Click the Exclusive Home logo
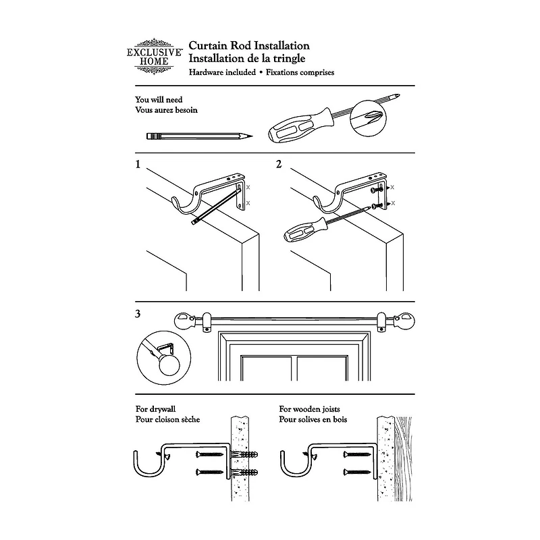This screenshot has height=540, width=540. click(155, 57)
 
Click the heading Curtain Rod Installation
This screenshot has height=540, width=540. click(249, 45)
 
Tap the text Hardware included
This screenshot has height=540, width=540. click(222, 72)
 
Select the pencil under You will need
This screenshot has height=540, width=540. click(199, 136)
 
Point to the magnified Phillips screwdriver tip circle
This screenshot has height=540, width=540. click(367, 118)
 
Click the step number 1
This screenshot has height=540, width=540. click(138, 164)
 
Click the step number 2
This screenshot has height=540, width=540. click(279, 164)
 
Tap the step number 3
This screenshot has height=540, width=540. click(138, 314)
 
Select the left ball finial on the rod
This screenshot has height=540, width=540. click(184, 321)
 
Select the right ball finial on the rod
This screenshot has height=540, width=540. click(405, 321)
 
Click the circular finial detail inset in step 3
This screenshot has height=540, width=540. click(163, 358)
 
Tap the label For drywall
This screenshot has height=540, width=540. click(155, 409)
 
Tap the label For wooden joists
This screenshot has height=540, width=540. click(309, 409)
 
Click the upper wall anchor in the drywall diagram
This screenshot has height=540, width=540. click(245, 454)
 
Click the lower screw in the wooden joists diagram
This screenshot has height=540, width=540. click(356, 472)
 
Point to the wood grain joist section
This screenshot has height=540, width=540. click(403, 459)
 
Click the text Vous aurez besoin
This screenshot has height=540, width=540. click(166, 110)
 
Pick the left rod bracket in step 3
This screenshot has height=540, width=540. click(207, 323)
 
